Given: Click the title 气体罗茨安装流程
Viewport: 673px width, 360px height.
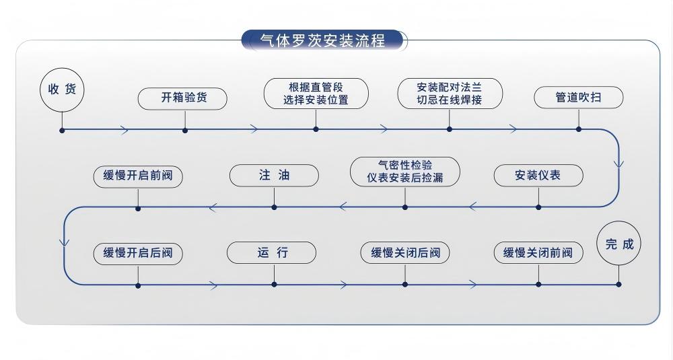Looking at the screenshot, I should coord(323,40).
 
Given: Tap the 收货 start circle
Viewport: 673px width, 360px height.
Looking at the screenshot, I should coord(62,89).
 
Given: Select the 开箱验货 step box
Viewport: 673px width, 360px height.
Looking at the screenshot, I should coord(183,98).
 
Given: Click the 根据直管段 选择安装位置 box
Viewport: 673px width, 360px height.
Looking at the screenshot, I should coord(316,94).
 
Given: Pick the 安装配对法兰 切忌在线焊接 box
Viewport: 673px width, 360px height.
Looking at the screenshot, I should coord(450,94).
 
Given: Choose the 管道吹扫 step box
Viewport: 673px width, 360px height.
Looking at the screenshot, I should coord(578,98).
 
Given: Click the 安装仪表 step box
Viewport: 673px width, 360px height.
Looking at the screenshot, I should coord(538,176).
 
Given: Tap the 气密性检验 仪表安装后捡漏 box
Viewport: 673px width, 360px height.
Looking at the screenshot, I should coord(405,172).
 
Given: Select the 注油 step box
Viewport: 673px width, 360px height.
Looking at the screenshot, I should coord(274,176).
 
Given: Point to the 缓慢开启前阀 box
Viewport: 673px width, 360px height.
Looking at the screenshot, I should coord(138,176).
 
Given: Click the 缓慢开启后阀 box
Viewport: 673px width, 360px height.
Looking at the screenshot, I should coord(138,254).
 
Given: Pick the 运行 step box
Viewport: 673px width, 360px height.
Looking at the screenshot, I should coord(272,253).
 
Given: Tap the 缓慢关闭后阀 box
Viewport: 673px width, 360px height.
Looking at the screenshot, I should coord(405,254).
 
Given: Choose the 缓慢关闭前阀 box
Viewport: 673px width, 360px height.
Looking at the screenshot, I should coord(538,254).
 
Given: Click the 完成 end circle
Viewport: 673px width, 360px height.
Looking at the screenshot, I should coord(619,244).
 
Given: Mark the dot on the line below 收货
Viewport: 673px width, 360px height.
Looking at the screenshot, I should coord(62,130).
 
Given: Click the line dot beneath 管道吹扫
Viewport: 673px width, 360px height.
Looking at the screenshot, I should coord(578,129).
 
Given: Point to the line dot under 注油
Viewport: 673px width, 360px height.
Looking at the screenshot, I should coord(274,207).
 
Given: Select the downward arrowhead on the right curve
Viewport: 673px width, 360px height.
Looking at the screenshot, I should coord(618,164).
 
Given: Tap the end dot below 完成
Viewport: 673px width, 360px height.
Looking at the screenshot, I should coord(618,285).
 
